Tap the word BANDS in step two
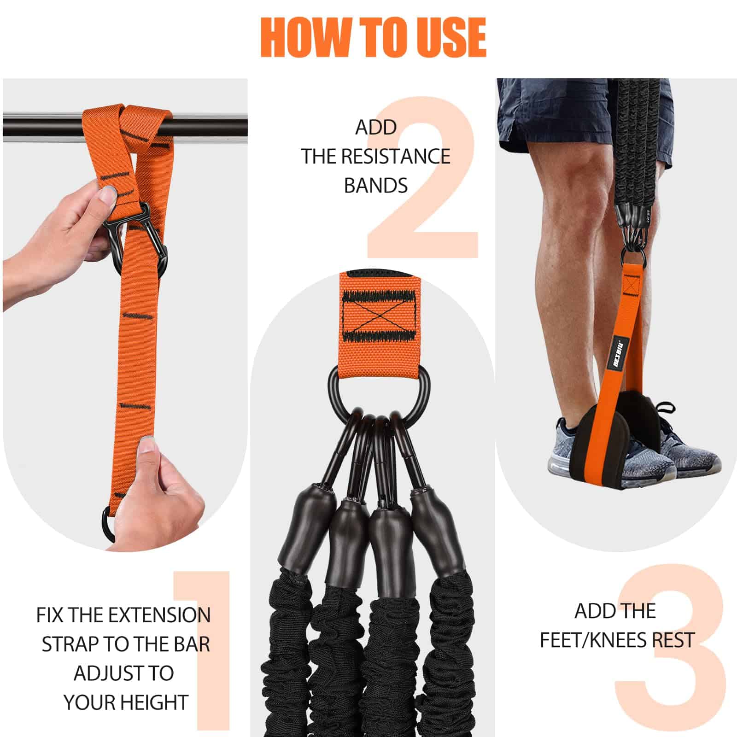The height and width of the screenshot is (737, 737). tap(375, 186)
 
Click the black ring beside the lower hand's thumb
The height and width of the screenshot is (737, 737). tap(108, 525)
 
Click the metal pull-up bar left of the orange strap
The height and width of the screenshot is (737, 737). tap(41, 125)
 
